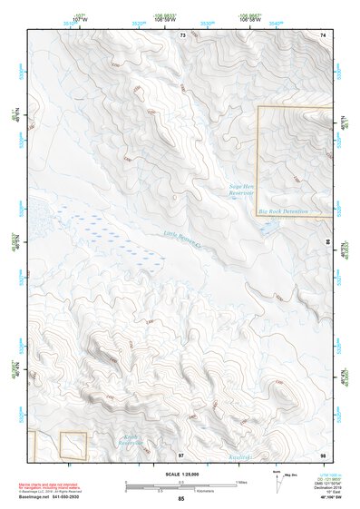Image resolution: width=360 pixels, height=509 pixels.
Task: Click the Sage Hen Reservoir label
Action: click(241, 191)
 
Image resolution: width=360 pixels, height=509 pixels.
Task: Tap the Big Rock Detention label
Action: click(283, 211)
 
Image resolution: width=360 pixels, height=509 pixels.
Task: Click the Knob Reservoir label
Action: click(132, 442)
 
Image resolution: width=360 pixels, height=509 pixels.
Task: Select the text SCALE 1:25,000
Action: click(182, 474)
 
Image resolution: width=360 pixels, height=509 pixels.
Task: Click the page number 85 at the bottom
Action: click(181, 498)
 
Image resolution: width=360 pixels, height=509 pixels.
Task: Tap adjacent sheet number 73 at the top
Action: click(182, 34)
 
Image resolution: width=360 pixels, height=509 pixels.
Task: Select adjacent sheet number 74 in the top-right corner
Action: click(322, 34)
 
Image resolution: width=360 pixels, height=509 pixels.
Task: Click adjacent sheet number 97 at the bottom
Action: click(180, 454)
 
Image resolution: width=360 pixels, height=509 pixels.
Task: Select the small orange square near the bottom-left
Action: click(73, 445)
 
